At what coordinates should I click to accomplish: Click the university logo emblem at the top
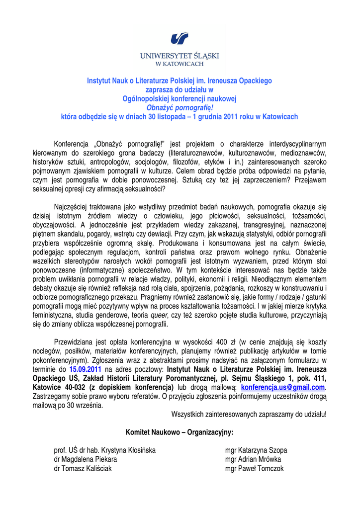[x=180, y=38]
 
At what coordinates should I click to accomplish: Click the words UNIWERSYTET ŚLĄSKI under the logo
[x=180, y=56]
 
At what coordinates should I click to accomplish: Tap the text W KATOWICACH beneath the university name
[x=180, y=64]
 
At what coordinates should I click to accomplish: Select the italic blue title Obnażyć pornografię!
[x=180, y=107]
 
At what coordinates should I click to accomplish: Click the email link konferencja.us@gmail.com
[x=282, y=387]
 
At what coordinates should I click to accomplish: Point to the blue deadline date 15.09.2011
[x=86, y=369]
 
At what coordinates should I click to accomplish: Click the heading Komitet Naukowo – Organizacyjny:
[x=180, y=432]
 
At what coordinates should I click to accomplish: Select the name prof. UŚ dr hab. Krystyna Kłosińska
[x=105, y=450]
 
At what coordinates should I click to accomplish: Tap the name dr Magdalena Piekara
[x=86, y=459]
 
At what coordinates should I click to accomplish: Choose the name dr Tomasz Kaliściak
[x=83, y=468]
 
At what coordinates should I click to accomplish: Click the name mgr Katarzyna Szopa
[x=256, y=450]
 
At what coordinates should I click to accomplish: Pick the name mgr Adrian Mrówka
[x=253, y=459]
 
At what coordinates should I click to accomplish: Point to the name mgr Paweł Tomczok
[x=255, y=468]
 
